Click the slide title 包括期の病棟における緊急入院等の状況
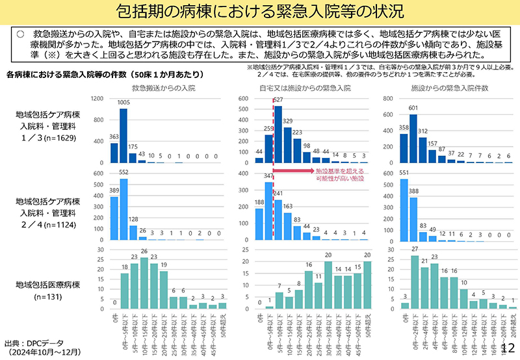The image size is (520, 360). point(260,12)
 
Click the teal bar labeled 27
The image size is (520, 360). point(414,283)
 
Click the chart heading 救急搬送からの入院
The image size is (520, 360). point(163,86)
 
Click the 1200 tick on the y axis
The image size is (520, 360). point(97,99)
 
